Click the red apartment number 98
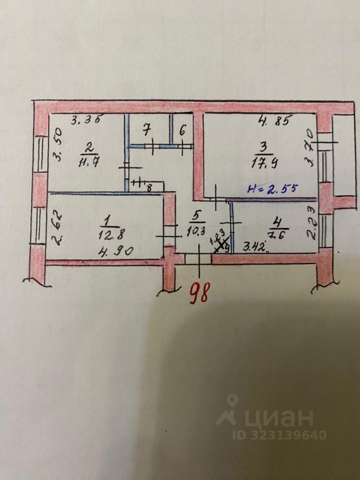pos(199,293)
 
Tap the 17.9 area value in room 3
pos(262,161)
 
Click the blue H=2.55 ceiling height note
pos(272,188)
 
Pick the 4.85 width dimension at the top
pos(273,120)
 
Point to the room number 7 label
pos(147,131)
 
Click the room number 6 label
pos(182,131)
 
